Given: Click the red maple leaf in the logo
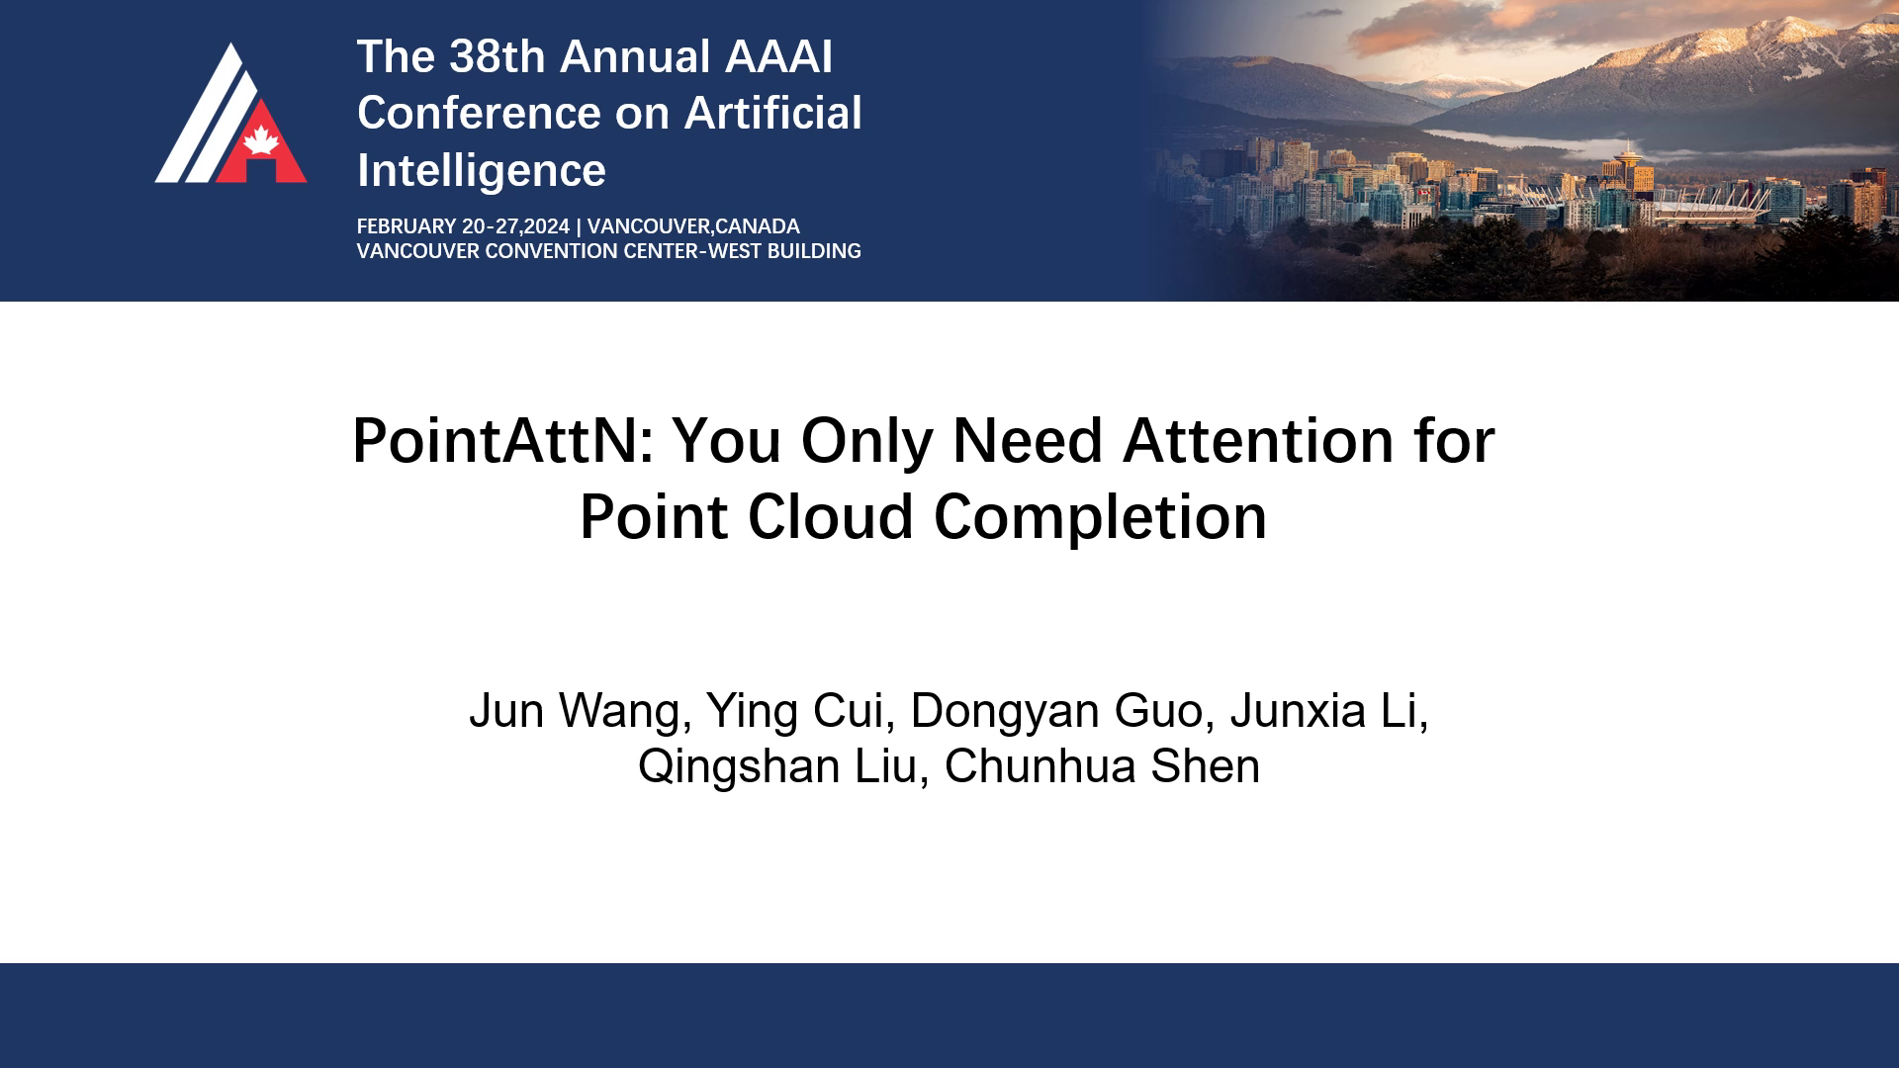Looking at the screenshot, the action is pos(261,140).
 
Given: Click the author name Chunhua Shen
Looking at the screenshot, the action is pos(1103,767).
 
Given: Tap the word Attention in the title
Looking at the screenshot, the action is pos(1259,440).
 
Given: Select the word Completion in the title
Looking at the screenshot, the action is pos(1101,517).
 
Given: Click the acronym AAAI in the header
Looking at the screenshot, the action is pos(779,56).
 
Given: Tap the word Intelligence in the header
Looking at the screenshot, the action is pos(482,170).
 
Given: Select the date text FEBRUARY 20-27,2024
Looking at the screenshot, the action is pos(464,226).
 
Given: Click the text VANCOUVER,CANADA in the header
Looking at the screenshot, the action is pos(693,226).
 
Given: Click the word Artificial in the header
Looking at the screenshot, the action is pos(773,113).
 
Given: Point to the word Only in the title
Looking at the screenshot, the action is pos(867,440).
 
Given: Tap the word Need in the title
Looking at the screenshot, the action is pos(1028,440).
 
